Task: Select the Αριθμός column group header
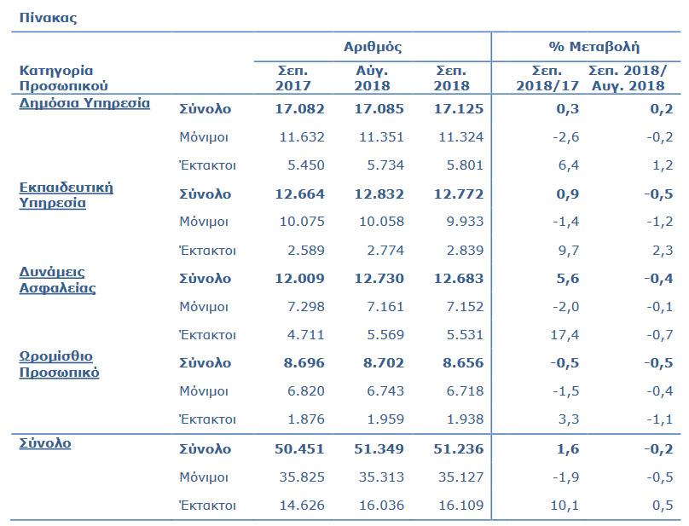pyautogui.click(x=372, y=46)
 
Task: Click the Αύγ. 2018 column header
pyautogui.click(x=373, y=78)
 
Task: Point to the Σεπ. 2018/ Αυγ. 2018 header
pyautogui.click(x=628, y=78)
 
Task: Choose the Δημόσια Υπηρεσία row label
pyautogui.click(x=84, y=103)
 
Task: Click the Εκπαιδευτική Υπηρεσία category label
pyautogui.click(x=66, y=195)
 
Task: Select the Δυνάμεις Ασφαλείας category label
pyautogui.click(x=57, y=280)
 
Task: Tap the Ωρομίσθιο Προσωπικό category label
pyautogui.click(x=59, y=364)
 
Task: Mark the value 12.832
pyautogui.click(x=371, y=194)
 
